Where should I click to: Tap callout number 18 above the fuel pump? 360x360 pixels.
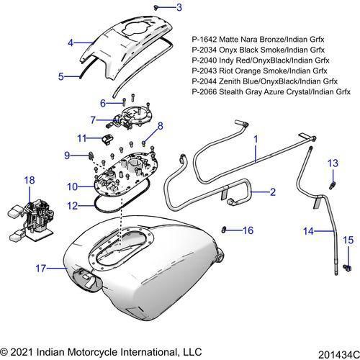click(x=30, y=179)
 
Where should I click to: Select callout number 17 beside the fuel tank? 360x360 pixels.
click(x=42, y=268)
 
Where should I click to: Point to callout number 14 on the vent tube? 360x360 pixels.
click(x=307, y=231)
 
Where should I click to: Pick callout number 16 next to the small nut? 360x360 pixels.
click(x=248, y=230)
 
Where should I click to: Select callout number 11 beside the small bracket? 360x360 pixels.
click(x=83, y=137)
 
